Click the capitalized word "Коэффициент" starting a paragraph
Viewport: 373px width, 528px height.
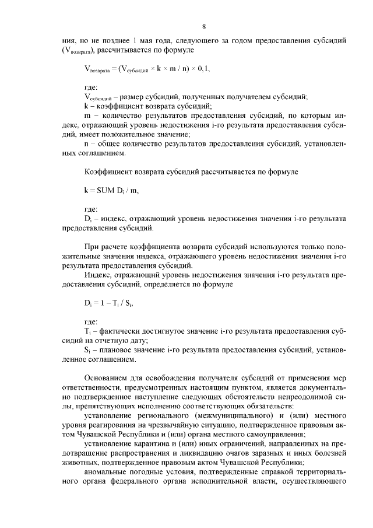point(108,173)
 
